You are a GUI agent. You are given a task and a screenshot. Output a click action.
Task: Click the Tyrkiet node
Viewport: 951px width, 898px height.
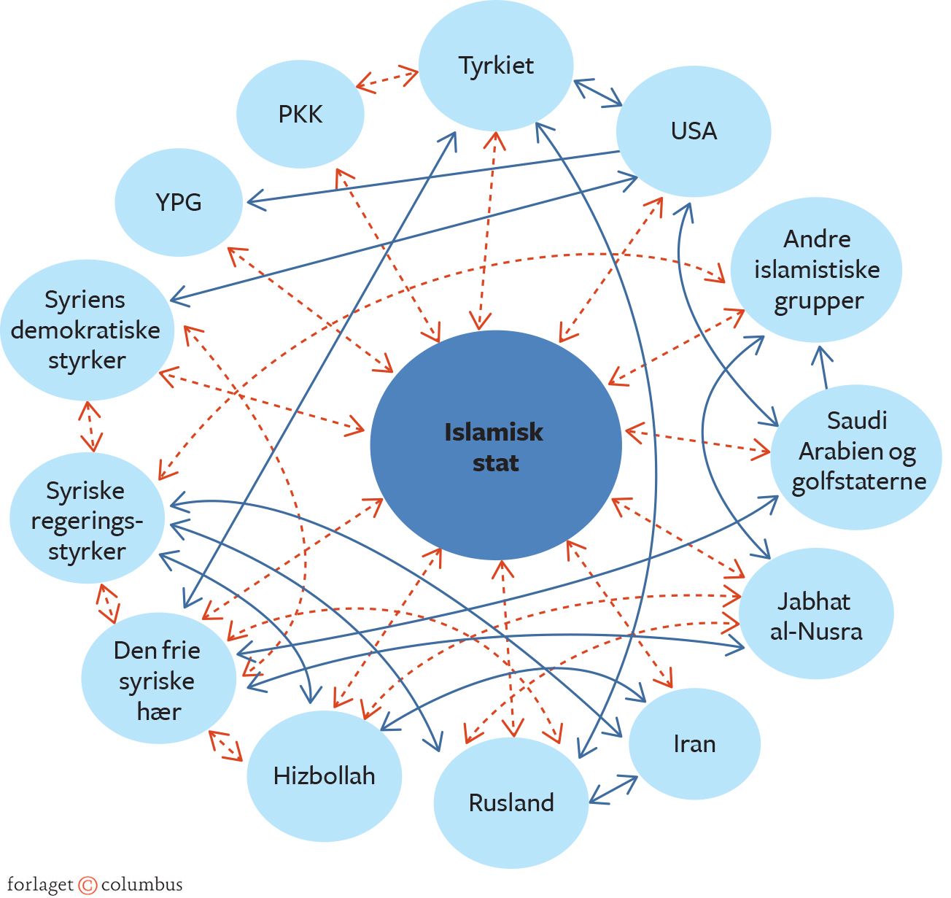click(x=496, y=66)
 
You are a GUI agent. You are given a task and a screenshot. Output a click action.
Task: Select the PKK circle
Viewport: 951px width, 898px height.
click(x=300, y=115)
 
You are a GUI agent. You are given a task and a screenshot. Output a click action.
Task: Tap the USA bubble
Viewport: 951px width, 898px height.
click(x=694, y=131)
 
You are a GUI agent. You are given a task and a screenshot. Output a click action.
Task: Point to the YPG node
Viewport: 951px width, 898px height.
click(x=179, y=202)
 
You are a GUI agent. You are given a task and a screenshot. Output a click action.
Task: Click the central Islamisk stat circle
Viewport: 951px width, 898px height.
click(x=496, y=446)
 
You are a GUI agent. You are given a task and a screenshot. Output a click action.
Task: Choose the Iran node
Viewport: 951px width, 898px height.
click(x=694, y=744)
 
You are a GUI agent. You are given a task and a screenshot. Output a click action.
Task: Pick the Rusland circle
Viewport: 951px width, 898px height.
click(x=511, y=802)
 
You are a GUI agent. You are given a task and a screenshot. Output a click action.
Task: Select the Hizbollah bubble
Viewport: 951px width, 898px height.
click(x=325, y=775)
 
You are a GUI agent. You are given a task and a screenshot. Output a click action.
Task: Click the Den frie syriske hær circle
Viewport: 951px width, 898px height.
click(x=158, y=680)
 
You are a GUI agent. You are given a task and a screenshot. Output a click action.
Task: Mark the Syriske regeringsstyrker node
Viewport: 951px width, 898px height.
click(x=87, y=519)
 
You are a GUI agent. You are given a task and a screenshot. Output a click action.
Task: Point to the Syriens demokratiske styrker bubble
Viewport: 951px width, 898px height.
click(x=87, y=330)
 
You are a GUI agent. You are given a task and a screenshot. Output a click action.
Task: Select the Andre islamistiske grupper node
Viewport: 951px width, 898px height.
click(x=817, y=270)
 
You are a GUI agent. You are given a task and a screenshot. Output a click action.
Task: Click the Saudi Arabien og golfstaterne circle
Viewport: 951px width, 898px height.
click(x=857, y=451)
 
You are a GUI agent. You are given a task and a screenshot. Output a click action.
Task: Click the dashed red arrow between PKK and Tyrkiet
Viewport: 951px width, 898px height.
click(x=387, y=79)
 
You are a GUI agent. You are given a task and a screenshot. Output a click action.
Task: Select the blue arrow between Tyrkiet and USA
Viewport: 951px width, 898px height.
click(x=597, y=93)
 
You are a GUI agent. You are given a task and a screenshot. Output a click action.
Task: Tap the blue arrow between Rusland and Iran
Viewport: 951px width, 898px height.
click(x=613, y=790)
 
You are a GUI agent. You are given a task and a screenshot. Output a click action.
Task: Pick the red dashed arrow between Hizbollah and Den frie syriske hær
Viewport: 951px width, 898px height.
click(x=225, y=746)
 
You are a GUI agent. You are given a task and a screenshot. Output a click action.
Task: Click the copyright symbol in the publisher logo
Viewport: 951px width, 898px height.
click(x=88, y=885)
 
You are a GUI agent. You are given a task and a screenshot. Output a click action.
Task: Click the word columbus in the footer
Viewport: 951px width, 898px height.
click(x=141, y=885)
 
